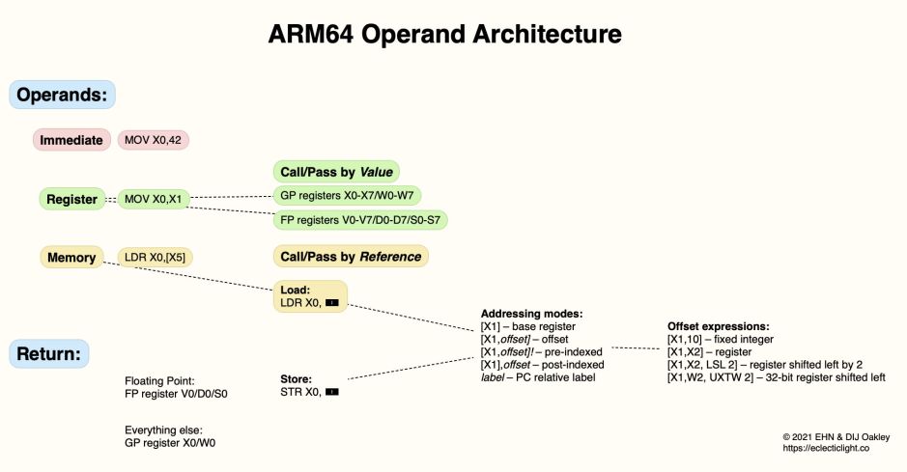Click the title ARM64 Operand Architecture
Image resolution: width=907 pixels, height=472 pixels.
445,36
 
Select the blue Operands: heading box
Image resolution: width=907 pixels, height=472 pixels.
63,95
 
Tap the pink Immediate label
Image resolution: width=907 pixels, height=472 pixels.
71,140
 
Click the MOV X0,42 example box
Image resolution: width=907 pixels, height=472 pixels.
154,140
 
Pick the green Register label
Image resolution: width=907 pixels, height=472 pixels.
72,200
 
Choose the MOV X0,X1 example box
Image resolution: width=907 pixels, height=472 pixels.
154,200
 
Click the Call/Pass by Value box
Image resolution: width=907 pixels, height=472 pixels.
336,172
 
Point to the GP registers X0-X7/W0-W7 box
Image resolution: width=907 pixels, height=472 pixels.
347,195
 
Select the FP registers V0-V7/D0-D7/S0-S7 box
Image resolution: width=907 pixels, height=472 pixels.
360,220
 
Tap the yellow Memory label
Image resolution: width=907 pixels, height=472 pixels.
72,258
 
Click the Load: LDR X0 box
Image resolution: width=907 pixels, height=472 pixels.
309,296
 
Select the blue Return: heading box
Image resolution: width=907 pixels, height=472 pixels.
49,353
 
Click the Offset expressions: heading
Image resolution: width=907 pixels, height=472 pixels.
720,327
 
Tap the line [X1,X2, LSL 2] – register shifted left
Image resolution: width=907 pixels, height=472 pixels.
764,365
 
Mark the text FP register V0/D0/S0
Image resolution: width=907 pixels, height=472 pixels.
176,394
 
